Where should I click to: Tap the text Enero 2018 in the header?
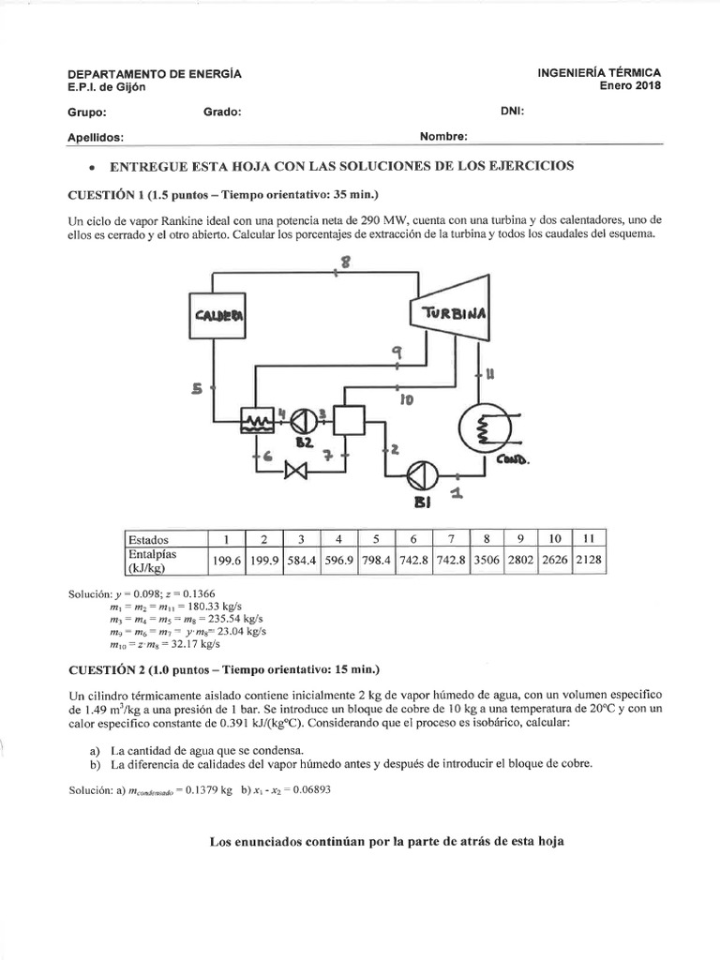pos(631,85)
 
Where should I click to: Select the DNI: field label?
pos(513,110)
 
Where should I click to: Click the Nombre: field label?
pos(443,136)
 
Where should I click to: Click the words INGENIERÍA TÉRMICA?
pos(599,72)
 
